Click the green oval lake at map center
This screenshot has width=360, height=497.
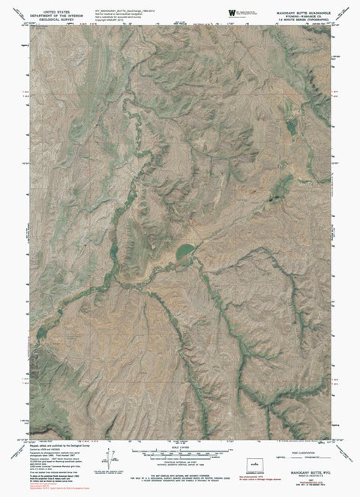[x=184, y=253]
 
